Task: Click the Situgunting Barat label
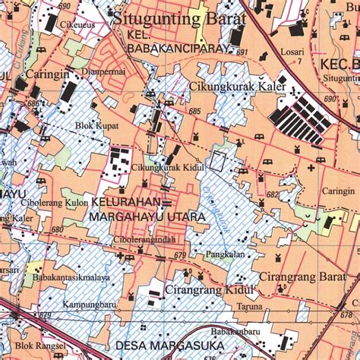(179, 18)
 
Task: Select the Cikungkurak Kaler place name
(237, 87)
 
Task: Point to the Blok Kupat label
(96, 126)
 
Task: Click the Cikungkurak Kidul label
(159, 169)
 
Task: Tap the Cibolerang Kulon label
(55, 203)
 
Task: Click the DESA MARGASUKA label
(166, 347)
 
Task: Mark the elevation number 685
(195, 112)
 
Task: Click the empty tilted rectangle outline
(218, 160)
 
